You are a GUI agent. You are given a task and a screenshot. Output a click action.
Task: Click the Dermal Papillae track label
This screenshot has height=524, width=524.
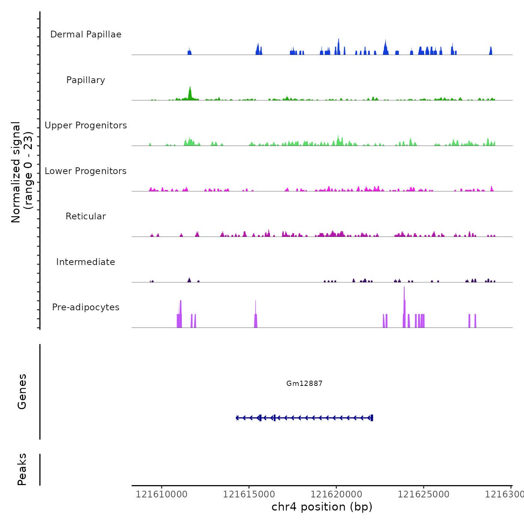tap(86, 34)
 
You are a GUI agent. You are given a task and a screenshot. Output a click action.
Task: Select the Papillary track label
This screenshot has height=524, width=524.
tap(86, 80)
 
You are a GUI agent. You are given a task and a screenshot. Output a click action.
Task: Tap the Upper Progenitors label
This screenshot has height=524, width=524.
tap(86, 125)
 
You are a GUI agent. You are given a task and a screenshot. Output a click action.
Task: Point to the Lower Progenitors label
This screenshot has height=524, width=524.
tap(86, 171)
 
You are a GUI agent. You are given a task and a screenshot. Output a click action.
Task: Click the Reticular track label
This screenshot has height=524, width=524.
tap(86, 216)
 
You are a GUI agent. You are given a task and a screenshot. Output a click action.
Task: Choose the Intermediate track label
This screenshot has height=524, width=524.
tap(86, 262)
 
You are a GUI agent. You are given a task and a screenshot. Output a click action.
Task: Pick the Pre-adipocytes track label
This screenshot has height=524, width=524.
tap(86, 307)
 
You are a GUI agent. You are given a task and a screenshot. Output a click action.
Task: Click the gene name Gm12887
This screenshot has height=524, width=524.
tap(304, 383)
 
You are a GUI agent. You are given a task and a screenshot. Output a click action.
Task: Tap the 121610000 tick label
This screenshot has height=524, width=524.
tap(161, 494)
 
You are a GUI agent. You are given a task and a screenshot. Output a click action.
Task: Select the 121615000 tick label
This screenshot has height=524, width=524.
tap(249, 494)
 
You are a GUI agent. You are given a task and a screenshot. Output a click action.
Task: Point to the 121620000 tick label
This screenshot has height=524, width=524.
tap(336, 494)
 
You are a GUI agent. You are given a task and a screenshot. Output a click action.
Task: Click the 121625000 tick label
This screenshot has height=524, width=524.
tap(423, 494)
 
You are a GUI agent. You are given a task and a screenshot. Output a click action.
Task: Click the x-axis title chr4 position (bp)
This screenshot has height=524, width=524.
tap(322, 507)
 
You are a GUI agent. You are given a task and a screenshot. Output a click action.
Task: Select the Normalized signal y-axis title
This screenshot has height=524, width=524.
tap(22, 172)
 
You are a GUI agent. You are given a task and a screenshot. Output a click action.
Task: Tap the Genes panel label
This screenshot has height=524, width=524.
tap(22, 392)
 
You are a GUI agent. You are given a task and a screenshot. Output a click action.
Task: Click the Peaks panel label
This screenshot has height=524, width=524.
tap(22, 469)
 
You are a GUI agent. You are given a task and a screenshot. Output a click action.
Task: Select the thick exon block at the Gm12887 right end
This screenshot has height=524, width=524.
tap(372, 418)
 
